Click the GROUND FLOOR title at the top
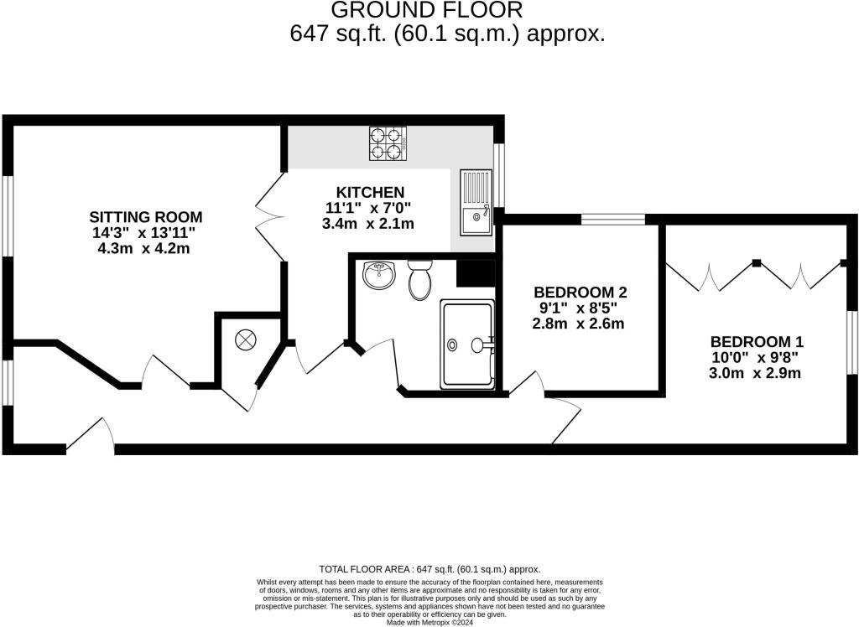(x=427, y=11)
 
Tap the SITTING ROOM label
(x=148, y=217)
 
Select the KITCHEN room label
(x=370, y=193)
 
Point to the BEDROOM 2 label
(x=580, y=293)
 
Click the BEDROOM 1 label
(x=757, y=342)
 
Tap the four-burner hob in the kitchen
(x=388, y=142)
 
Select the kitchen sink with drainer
(x=476, y=203)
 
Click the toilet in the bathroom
(x=419, y=280)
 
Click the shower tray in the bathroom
(x=466, y=345)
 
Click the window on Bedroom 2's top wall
(x=613, y=220)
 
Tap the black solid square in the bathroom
(x=473, y=273)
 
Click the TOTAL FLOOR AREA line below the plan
(x=429, y=568)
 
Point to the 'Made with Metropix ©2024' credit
(x=429, y=622)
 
